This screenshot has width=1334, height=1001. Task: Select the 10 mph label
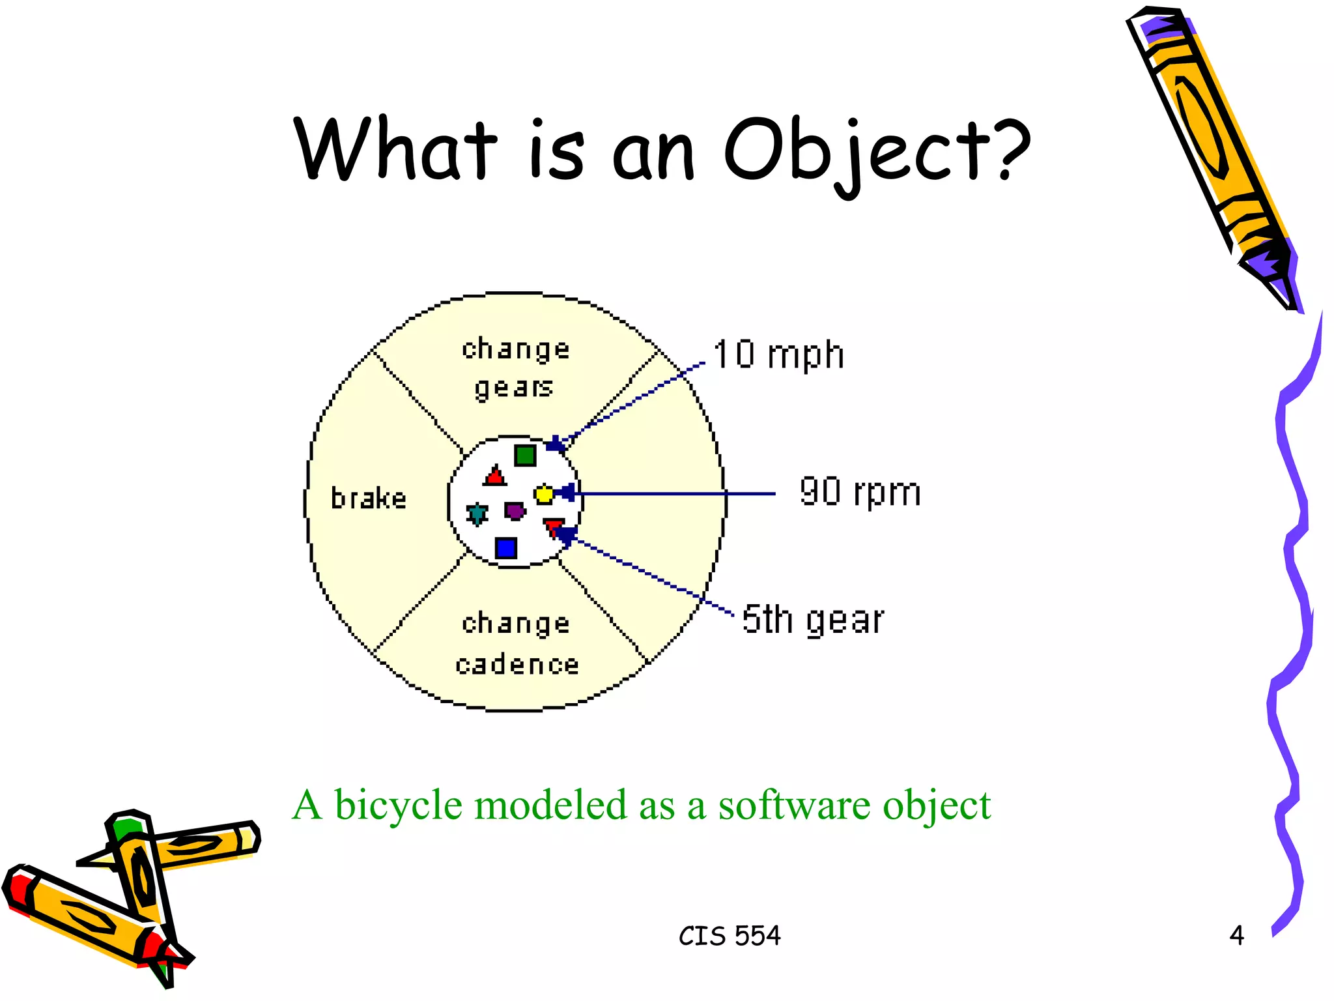coord(778,355)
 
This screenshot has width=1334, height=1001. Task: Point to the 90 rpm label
coord(860,492)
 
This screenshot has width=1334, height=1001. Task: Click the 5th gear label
coord(813,619)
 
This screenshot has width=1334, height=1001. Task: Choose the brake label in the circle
coord(369,499)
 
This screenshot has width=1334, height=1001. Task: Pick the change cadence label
coord(517,644)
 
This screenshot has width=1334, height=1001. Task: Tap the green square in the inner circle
coord(525,455)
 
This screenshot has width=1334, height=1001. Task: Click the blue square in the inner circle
coord(506,548)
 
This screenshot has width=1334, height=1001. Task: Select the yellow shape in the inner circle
coord(543,495)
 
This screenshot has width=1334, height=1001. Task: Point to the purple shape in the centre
coord(515,510)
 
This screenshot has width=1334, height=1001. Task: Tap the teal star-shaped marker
coord(477,514)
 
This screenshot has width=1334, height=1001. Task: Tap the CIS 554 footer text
coord(730,936)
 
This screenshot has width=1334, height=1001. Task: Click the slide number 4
coord(1236,936)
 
